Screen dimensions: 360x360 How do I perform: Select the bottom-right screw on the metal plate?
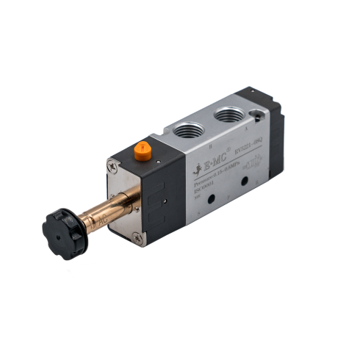pyautogui.click(x=137, y=237)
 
